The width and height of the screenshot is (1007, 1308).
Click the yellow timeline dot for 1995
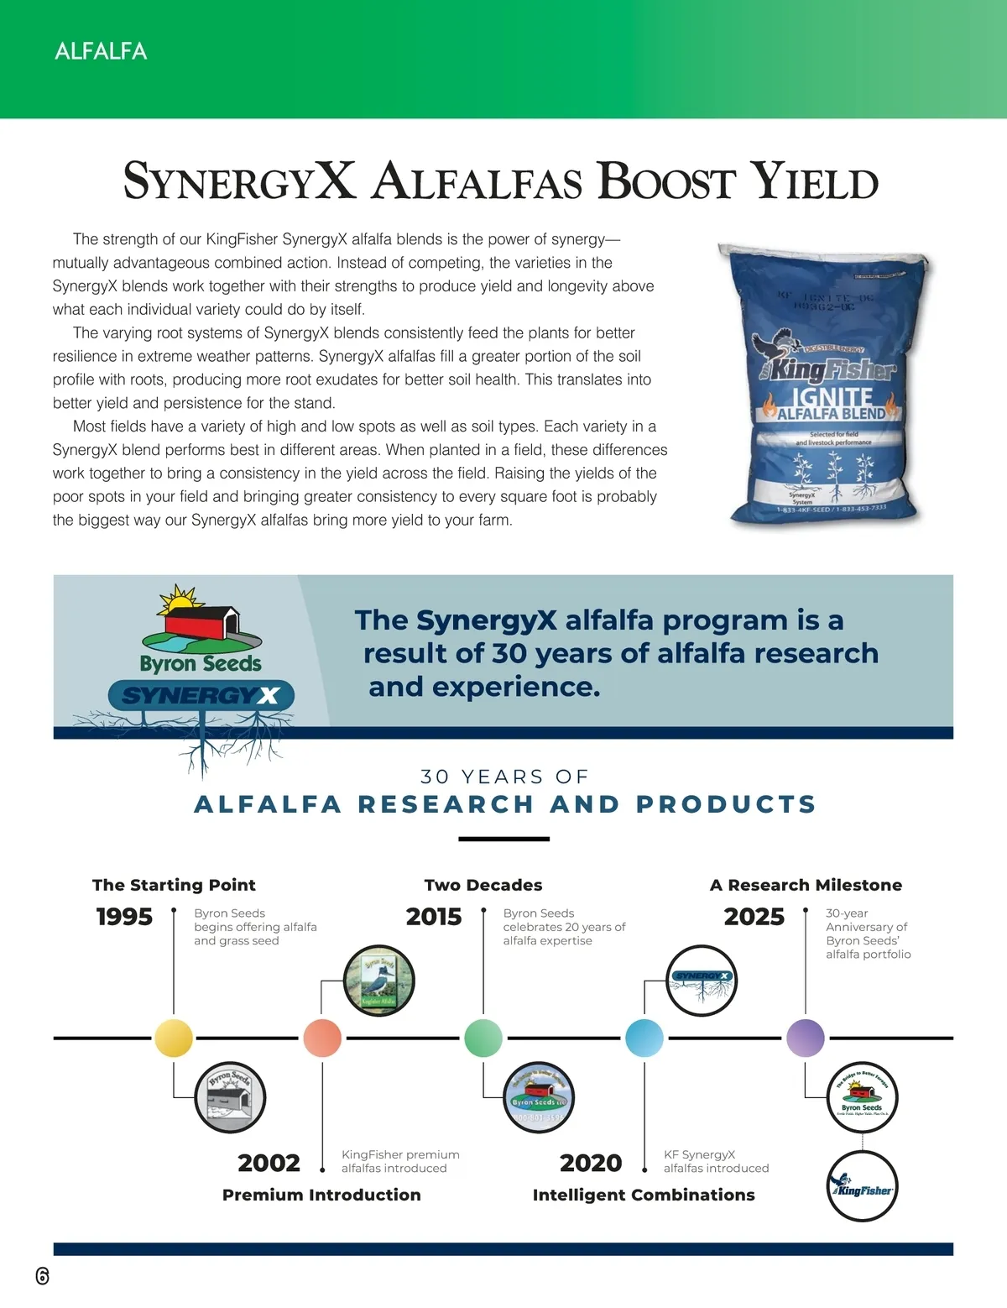pyautogui.click(x=174, y=1038)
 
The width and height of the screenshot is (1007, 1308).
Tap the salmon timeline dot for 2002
pyautogui.click(x=322, y=1038)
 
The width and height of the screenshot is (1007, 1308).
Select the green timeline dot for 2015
pyautogui.click(x=483, y=1038)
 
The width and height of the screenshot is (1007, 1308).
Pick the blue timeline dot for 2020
pyautogui.click(x=644, y=1038)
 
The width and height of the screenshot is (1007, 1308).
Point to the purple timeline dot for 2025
pyautogui.click(x=806, y=1038)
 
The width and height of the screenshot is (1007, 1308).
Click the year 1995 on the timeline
pyautogui.click(x=124, y=917)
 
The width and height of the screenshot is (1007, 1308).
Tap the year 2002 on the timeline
pyautogui.click(x=269, y=1164)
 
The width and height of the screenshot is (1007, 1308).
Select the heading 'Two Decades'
pyautogui.click(x=483, y=885)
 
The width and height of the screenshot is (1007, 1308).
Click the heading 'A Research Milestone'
pyautogui.click(x=806, y=885)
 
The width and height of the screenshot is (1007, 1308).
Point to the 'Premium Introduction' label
pyautogui.click(x=321, y=1195)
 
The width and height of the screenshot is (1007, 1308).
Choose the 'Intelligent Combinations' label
pyautogui.click(x=644, y=1195)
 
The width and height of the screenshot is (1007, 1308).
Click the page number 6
pyautogui.click(x=43, y=1276)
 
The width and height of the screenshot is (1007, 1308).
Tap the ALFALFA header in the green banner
pyautogui.click(x=101, y=51)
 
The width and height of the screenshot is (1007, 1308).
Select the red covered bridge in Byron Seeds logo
pyautogui.click(x=201, y=624)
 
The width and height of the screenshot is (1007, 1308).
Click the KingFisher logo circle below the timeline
pyautogui.click(x=862, y=1186)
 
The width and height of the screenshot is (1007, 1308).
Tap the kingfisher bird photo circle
pyautogui.click(x=379, y=981)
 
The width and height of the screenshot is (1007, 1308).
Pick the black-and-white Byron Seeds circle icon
pyautogui.click(x=230, y=1096)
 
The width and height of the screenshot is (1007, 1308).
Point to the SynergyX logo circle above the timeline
pyautogui.click(x=702, y=981)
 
